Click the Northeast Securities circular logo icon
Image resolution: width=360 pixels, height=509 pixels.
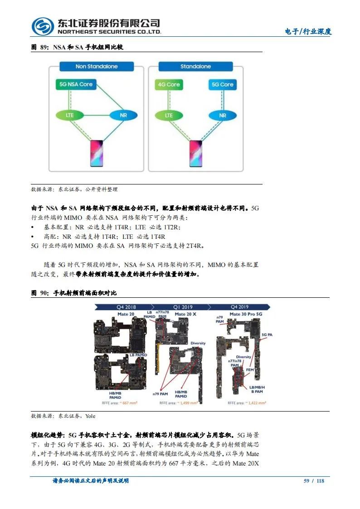click(43, 27)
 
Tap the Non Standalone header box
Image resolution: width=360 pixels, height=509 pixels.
click(96, 67)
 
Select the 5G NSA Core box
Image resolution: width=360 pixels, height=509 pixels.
click(76, 84)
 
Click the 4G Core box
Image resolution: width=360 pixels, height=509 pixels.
click(169, 84)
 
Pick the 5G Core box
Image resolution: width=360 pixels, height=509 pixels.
click(222, 84)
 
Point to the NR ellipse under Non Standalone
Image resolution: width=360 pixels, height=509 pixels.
click(123, 115)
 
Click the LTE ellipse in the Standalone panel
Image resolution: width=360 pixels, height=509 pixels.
click(169, 115)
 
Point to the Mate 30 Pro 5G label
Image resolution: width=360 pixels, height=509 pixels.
click(246, 314)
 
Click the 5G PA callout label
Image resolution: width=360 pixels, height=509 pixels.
click(267, 334)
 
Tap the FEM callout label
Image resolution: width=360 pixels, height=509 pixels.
click(250, 370)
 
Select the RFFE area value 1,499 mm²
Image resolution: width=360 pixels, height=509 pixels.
click(188, 402)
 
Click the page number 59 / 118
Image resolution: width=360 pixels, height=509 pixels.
click(314, 481)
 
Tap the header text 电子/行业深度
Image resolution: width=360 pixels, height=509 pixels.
click(308, 31)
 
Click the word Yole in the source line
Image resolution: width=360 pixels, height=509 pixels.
click(90, 416)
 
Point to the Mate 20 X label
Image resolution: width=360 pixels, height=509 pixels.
click(185, 314)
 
